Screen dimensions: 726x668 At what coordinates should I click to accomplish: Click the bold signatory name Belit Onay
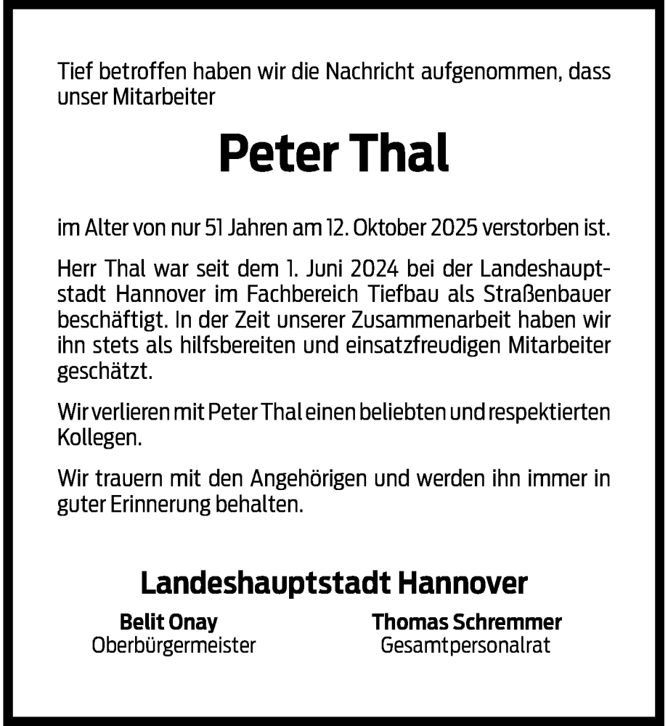coord(168,622)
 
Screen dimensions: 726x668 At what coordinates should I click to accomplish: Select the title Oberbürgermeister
coord(174,645)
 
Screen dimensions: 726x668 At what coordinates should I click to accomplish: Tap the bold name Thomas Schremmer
coord(467,622)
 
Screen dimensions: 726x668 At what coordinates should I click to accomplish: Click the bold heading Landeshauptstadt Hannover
coord(333,584)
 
